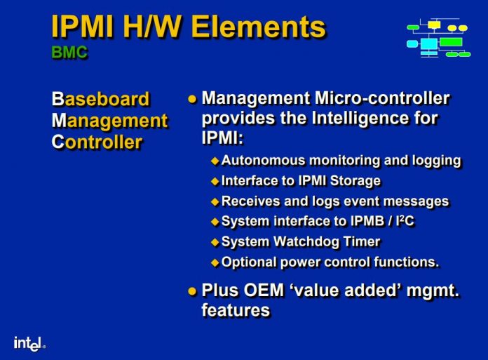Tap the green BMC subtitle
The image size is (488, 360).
click(69, 53)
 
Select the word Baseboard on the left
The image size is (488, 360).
click(100, 99)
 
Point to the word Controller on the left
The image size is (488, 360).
click(97, 142)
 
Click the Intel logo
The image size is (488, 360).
click(29, 343)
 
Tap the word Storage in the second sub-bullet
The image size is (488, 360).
click(353, 181)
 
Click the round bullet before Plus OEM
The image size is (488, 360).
click(192, 291)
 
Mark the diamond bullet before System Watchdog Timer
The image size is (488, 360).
click(215, 242)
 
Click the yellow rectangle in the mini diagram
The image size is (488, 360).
click(434, 25)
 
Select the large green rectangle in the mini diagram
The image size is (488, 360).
click(450, 42)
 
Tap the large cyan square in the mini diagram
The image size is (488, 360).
click(429, 44)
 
